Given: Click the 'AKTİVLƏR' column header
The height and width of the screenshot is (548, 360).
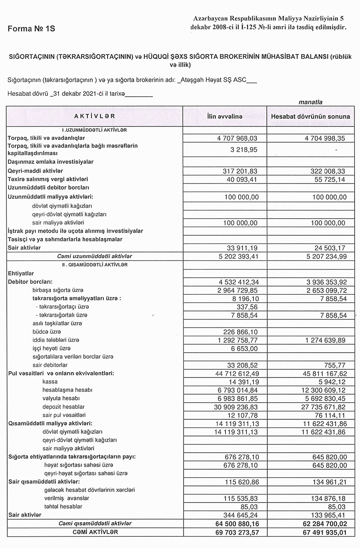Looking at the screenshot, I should click(94, 116).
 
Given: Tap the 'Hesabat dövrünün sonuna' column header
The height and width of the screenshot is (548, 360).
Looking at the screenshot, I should click(310, 117).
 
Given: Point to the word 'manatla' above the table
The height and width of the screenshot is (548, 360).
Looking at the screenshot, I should click(310, 102).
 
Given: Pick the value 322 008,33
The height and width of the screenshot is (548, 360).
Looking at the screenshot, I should click(325, 171).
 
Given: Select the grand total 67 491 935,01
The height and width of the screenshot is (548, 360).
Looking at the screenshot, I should click(320, 533).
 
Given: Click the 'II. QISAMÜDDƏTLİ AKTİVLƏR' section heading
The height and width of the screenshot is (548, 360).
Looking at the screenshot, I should click(94, 265).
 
